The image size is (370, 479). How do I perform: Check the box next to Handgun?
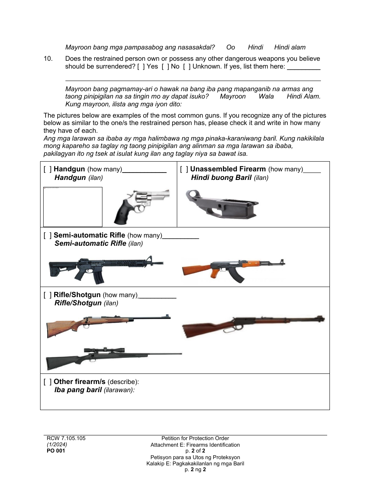48,169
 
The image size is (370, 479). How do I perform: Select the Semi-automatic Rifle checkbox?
48,236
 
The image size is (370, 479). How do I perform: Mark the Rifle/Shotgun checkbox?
48,295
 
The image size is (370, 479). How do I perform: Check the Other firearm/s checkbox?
48,382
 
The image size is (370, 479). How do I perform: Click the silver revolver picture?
142,206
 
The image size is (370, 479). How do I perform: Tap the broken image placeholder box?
72,206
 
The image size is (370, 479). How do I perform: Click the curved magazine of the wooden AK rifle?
236,275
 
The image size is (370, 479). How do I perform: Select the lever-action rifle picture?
253,324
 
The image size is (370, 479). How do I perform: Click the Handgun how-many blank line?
144,170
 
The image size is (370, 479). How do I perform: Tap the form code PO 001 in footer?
56,451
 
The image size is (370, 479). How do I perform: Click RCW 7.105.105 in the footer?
66,438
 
